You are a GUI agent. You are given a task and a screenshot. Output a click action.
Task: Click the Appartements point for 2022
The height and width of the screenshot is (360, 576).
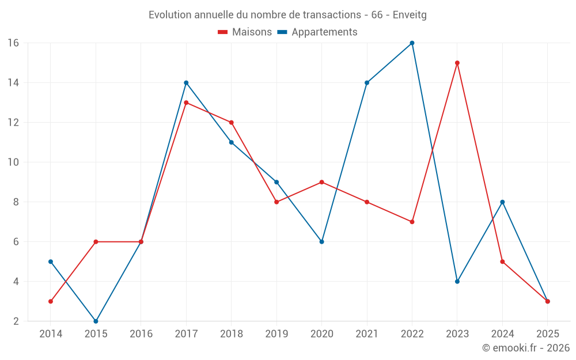click(x=412, y=43)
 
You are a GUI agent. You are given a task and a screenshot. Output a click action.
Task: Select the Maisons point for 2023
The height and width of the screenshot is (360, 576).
click(x=457, y=63)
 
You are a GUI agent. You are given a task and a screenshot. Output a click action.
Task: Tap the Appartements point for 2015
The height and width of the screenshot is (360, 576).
click(x=96, y=321)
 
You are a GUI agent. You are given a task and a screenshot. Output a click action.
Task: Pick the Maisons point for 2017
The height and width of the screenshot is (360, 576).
click(x=186, y=103)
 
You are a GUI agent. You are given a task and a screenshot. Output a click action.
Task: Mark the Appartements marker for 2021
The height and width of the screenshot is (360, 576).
click(x=367, y=82)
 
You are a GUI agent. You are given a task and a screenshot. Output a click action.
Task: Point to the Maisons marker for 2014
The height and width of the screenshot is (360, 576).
click(x=51, y=301)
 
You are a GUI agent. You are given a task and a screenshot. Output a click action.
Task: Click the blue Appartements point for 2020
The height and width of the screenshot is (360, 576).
click(x=321, y=241)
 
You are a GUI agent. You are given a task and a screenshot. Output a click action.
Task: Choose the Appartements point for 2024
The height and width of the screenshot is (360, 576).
click(x=502, y=202)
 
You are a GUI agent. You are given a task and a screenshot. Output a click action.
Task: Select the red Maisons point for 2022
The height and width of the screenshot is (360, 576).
click(x=412, y=222)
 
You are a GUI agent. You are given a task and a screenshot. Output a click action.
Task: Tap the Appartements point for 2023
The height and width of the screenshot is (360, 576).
click(x=457, y=281)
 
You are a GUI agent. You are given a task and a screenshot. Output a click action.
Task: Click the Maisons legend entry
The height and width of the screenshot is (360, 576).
click(x=245, y=32)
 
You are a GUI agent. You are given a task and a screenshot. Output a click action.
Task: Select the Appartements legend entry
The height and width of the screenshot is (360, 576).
click(x=317, y=32)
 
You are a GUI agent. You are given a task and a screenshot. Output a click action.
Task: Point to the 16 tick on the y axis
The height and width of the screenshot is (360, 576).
click(x=13, y=43)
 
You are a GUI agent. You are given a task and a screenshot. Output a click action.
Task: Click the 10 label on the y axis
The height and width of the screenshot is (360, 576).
click(x=13, y=162)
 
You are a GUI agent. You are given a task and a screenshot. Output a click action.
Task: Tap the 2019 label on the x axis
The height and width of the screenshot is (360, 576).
click(x=276, y=334)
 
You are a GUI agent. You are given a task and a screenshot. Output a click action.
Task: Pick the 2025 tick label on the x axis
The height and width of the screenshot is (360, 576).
click(x=547, y=334)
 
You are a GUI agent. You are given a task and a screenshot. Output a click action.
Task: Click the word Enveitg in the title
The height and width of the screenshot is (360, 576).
click(x=410, y=15)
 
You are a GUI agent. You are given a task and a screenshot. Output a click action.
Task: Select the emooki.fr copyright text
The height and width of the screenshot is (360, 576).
click(x=526, y=348)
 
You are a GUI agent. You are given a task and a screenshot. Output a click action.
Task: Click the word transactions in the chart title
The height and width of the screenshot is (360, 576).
click(x=334, y=15)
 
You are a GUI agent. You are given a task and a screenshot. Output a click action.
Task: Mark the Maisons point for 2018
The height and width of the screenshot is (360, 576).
click(x=231, y=122)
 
